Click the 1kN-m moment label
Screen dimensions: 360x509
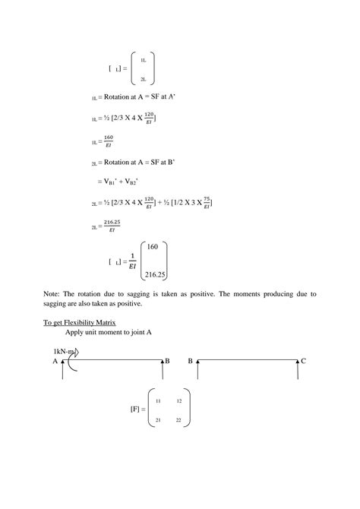65,351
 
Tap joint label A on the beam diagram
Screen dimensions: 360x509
55,362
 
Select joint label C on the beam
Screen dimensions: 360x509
303,362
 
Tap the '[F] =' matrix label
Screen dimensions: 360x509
137,409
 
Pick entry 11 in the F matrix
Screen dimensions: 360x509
158,400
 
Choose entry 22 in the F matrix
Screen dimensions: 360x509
179,420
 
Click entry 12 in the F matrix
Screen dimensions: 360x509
179,400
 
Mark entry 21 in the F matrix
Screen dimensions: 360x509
158,420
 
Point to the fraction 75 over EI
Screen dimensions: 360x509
205,203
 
